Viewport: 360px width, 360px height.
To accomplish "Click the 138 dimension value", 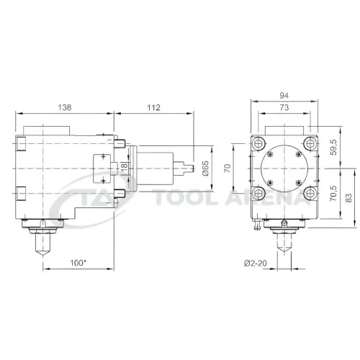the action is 65,107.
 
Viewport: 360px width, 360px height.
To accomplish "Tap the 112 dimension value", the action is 153,107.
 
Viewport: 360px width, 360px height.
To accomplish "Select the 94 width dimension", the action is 284,96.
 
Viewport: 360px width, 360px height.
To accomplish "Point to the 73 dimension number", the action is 284,107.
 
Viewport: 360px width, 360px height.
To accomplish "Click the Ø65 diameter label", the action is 206,168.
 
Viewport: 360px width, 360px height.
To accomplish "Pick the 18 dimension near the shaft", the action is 125,167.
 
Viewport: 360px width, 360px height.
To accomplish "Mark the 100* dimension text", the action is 78,263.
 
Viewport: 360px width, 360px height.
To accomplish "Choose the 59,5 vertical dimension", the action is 334,147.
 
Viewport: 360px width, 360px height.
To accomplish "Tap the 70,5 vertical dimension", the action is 334,193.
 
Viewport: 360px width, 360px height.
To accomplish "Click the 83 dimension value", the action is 348,198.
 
